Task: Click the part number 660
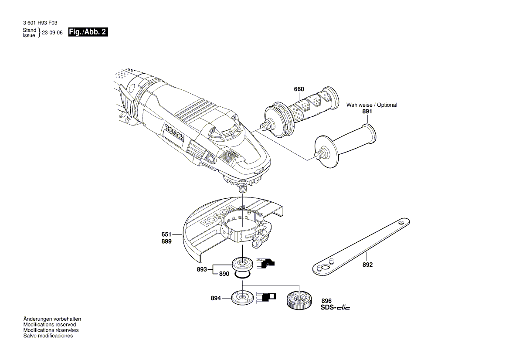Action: pyautogui.click(x=299, y=89)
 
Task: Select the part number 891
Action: pyautogui.click(x=367, y=112)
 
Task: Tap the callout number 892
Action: pyautogui.click(x=367, y=265)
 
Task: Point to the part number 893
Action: pyautogui.click(x=202, y=269)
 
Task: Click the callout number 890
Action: pyautogui.click(x=224, y=274)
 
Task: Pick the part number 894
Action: pyautogui.click(x=216, y=299)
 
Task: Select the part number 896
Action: pyautogui.click(x=326, y=301)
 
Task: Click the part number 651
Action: pyautogui.click(x=166, y=234)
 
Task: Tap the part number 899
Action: pyautogui.click(x=166, y=241)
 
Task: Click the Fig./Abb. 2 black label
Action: pyautogui.click(x=88, y=32)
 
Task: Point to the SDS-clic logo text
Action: pyautogui.click(x=335, y=308)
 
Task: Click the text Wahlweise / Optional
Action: pyautogui.click(x=372, y=105)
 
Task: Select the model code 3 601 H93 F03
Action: pyautogui.click(x=39, y=23)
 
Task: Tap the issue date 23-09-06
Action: pyautogui.click(x=52, y=33)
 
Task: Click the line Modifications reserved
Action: pyautogui.click(x=49, y=325)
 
